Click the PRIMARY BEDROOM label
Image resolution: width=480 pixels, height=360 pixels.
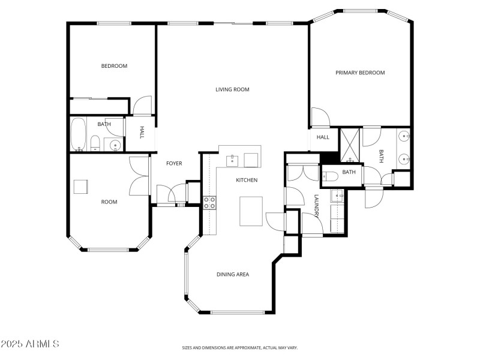[x=360, y=73]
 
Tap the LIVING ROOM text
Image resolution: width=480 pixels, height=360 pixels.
[x=232, y=89]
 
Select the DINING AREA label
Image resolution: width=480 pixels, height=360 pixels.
[x=233, y=274]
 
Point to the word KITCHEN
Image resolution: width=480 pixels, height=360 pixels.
[x=247, y=180]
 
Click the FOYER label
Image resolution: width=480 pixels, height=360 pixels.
[x=174, y=163]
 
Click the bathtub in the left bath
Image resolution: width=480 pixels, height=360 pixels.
[x=78, y=134]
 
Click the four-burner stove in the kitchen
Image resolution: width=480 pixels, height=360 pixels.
[x=209, y=202]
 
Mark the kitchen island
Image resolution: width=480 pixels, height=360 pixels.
[x=251, y=211]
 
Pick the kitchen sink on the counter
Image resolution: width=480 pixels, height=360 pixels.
[x=232, y=160]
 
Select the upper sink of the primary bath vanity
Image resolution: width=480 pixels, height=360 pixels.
[x=405, y=137]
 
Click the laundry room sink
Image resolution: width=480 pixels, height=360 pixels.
[x=337, y=195]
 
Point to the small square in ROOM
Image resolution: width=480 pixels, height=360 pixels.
[x=80, y=187]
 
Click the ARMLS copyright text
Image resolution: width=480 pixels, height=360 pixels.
[x=30, y=344]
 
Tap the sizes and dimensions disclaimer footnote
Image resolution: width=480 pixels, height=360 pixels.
[x=240, y=347]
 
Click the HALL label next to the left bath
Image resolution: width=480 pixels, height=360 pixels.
[x=142, y=132]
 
